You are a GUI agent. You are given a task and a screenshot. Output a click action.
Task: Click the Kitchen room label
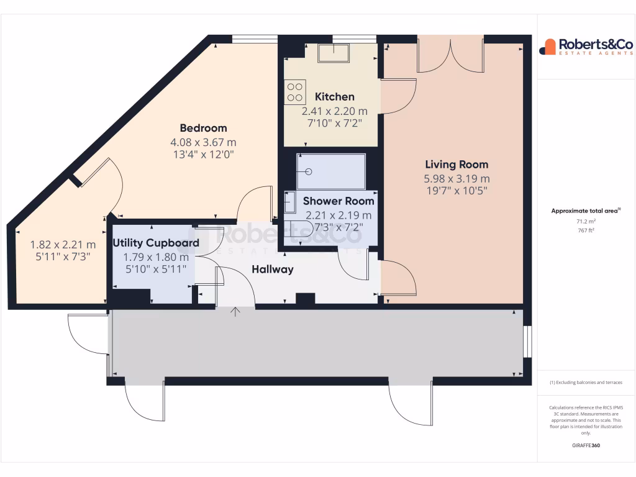click(335, 97)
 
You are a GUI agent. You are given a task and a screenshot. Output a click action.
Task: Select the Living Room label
click(457, 165)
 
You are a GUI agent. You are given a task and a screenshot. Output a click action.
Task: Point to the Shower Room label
click(338, 201)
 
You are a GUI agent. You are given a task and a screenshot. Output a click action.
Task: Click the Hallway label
click(272, 270)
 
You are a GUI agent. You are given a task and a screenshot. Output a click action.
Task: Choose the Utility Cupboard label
click(156, 243)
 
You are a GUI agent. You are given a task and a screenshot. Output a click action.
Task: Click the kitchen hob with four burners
click(295, 93)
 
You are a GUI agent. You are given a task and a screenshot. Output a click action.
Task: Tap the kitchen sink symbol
click(334, 53)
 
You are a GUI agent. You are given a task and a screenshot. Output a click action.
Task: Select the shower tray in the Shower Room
click(331, 171)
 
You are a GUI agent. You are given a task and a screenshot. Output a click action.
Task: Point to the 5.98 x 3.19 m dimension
click(457, 179)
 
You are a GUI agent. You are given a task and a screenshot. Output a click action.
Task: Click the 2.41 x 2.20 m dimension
click(335, 111)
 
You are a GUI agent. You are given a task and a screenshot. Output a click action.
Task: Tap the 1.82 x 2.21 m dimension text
click(63, 244)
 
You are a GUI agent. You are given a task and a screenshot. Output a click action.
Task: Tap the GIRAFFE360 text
click(586, 445)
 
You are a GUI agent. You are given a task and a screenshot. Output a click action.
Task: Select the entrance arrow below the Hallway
click(235, 311)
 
